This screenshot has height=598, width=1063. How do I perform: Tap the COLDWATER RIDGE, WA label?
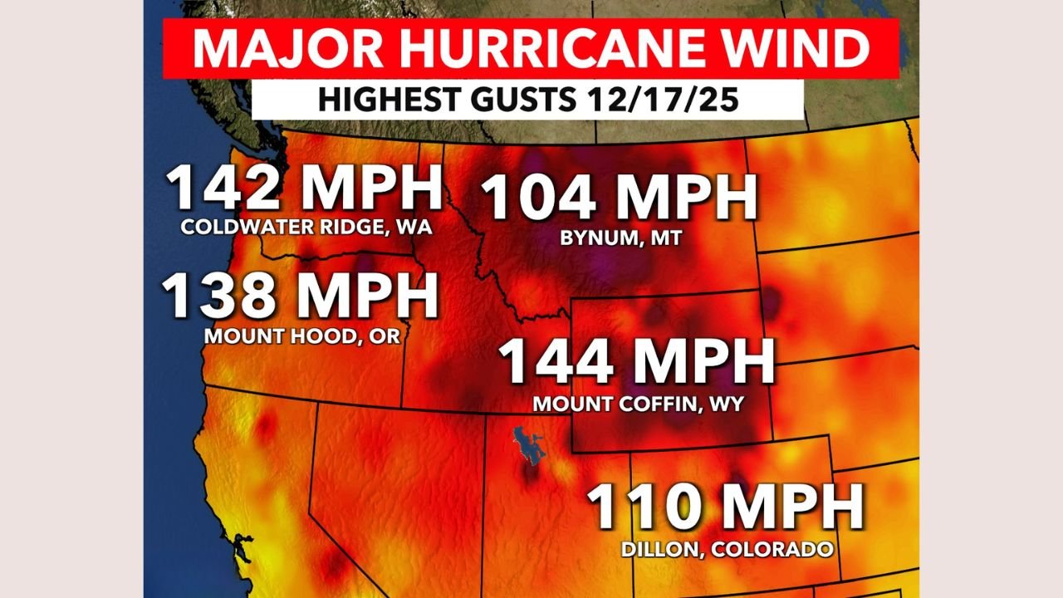pos(306,228)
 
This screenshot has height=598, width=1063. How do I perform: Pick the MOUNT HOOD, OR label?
pos(302,337)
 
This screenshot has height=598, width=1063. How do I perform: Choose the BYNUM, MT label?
pos(620,238)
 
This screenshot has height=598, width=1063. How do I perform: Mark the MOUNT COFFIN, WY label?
pos(638,404)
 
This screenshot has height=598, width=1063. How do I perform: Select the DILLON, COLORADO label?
pos(727,549)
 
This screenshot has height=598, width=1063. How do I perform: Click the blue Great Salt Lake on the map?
pos(525,447)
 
